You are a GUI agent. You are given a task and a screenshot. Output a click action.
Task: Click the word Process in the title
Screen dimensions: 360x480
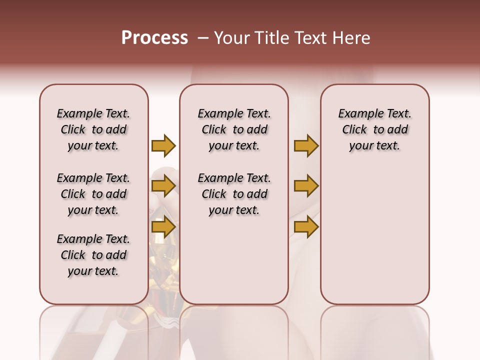coord(154,38)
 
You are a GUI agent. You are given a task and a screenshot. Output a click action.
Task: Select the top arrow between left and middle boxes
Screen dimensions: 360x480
coord(163,146)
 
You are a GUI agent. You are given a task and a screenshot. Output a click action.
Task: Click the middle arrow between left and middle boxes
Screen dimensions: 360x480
coord(163,186)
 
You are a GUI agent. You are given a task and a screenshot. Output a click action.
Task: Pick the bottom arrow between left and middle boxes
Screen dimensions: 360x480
coord(163,227)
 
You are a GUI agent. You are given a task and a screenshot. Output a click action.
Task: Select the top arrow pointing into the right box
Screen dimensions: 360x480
coord(306,146)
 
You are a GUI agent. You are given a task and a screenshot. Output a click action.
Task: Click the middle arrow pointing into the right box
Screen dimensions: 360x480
coord(306,186)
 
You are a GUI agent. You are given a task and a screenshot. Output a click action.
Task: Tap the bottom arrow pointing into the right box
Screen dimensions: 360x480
coord(306,227)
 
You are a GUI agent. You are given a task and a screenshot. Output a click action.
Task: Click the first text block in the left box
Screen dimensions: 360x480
coord(93,129)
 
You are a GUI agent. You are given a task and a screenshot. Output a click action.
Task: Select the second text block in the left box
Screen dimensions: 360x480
coord(93,194)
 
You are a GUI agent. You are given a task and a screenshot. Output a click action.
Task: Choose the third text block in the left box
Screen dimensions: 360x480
coord(93,255)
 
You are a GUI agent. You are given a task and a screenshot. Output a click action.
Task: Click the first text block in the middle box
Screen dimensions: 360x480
coord(234,129)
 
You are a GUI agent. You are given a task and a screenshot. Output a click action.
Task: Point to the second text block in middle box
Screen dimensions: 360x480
coord(234,194)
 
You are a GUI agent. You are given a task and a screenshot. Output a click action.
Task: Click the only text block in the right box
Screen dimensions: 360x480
coord(374,129)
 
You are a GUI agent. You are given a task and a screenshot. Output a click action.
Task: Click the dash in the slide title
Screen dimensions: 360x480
coord(203,38)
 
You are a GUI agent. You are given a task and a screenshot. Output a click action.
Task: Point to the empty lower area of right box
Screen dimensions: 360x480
coord(374,235)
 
